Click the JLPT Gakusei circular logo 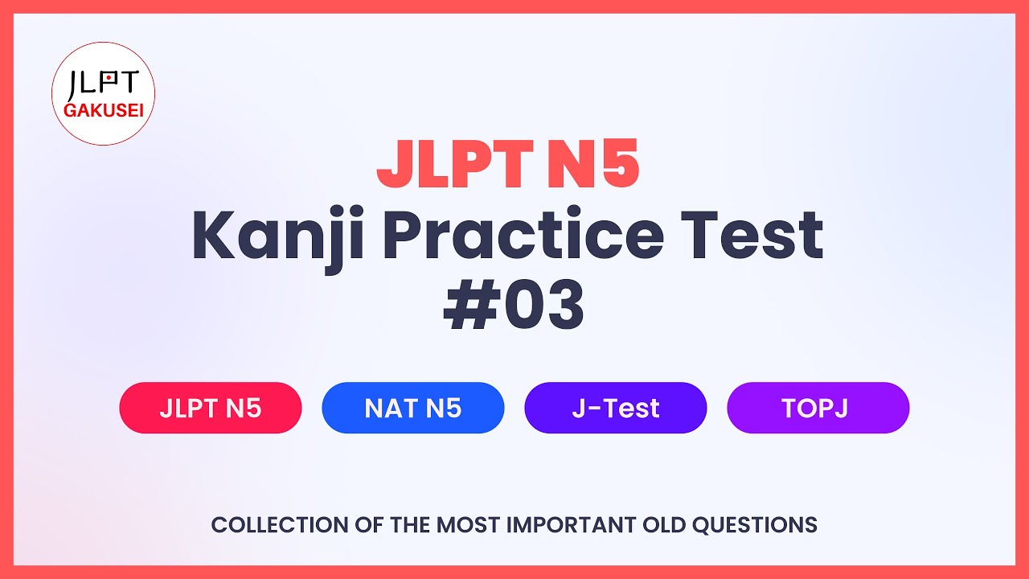[103, 94]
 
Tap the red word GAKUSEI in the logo [103, 110]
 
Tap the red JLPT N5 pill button [211, 408]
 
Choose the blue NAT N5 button [413, 408]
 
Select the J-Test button [616, 408]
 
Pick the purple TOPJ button [818, 408]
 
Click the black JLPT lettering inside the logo [103, 83]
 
